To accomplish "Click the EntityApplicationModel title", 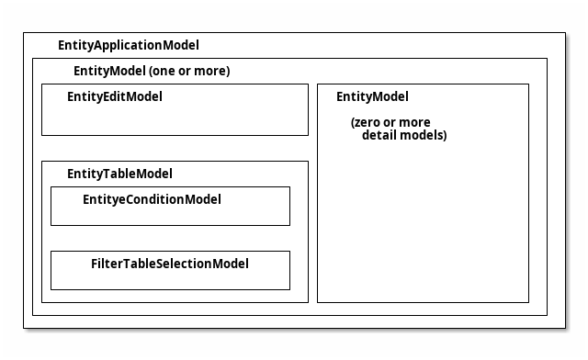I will point(128,45).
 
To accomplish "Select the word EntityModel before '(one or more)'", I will point(108,71).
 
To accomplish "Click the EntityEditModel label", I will point(115,96).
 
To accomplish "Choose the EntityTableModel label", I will point(119,174).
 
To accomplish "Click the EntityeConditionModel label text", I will point(152,199).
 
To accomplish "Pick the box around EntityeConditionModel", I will point(170,215).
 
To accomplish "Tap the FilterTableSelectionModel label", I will point(169,264).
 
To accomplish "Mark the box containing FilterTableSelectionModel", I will point(170,279).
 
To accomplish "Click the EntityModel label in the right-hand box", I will point(372,96).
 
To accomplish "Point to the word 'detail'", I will point(380,135).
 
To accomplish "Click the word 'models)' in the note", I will point(424,135).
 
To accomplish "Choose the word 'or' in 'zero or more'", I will point(392,122).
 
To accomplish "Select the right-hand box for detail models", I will point(423,230).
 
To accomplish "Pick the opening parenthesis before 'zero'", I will point(353,122).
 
